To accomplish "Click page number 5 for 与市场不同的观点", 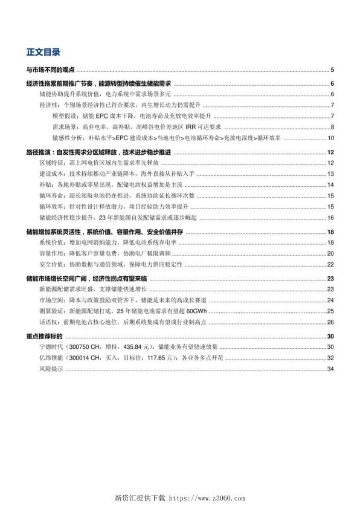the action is click(x=332, y=70).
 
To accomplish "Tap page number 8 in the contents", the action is click(x=332, y=126).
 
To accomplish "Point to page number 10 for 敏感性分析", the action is click(x=331, y=138).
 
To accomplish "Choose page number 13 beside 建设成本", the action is click(x=331, y=173).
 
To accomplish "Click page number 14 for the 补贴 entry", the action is click(x=331, y=184).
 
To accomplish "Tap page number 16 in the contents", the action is click(x=331, y=217).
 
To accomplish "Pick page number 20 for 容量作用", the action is click(x=331, y=253).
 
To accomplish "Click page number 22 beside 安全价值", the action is click(x=331, y=264).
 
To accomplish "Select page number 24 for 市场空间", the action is click(x=331, y=300).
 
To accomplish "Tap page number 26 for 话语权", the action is click(x=331, y=322).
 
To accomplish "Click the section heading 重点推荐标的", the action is click(x=45, y=336).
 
